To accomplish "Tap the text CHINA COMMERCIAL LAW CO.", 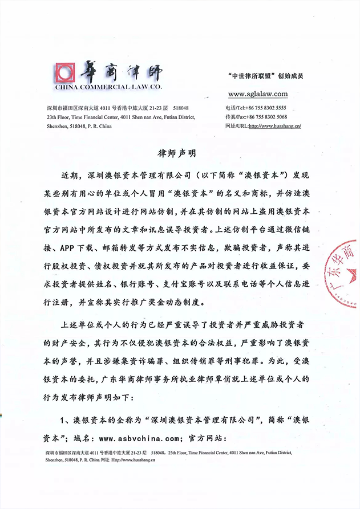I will [109, 88].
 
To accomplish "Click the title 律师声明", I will [180, 154].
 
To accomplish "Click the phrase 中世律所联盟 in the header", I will [253, 75].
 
